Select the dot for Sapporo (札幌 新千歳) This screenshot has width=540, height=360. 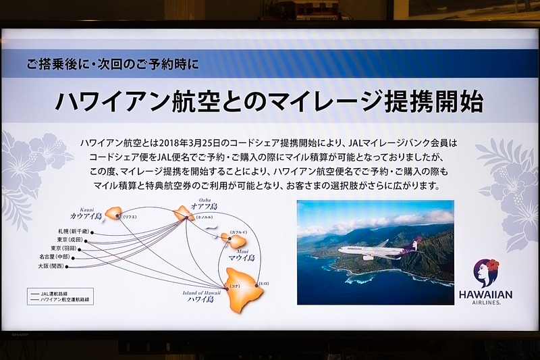click(x=92, y=232)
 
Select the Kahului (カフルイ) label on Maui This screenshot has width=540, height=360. click(x=238, y=232)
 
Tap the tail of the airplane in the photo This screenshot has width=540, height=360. click(x=413, y=245)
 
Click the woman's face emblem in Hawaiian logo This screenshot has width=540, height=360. click(x=485, y=274)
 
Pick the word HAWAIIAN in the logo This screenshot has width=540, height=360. click(x=485, y=294)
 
